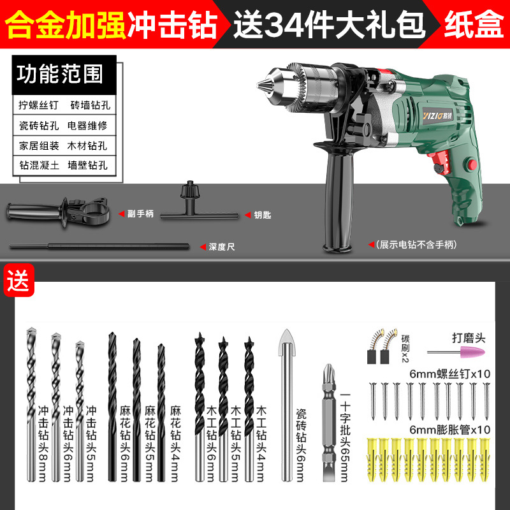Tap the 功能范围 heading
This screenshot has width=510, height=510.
60,74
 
